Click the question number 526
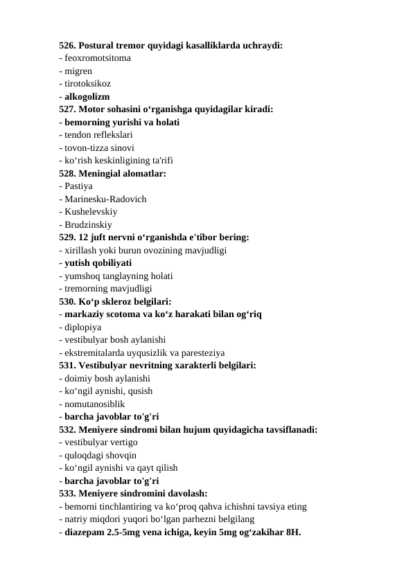click(67, 46)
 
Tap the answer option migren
click(79, 71)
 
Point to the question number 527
click(67, 109)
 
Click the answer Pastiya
click(78, 186)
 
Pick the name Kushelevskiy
click(91, 211)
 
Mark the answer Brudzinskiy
click(89, 224)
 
